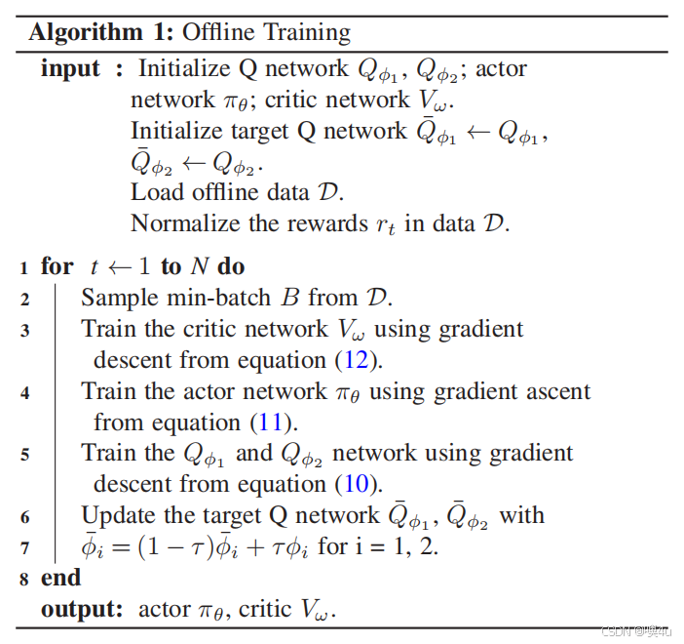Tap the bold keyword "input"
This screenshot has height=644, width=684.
pyautogui.click(x=70, y=69)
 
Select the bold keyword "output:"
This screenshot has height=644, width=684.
pyautogui.click(x=82, y=609)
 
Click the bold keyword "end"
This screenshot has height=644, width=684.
pyautogui.click(x=60, y=578)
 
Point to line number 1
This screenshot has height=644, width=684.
pyautogui.click(x=22, y=267)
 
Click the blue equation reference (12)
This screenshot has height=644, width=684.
pyautogui.click(x=355, y=360)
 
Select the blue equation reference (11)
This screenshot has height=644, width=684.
pyautogui.click(x=275, y=423)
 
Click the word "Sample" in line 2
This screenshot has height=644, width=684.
pyautogui.click(x=117, y=299)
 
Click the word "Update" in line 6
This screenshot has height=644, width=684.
pyautogui.click(x=117, y=515)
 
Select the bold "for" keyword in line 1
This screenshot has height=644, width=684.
pyautogui.click(x=57, y=266)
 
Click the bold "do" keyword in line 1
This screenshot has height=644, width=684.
pyautogui.click(x=231, y=266)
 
